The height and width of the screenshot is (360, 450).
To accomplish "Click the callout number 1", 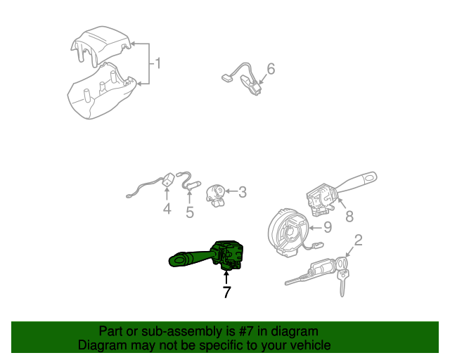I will pos(158,64).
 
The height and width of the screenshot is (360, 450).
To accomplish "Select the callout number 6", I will pos(271,69).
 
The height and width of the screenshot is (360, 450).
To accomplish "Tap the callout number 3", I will pos(242,191).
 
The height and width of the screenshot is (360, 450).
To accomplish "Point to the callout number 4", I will pos(167,209).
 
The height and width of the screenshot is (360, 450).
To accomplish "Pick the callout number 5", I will pos(190,212).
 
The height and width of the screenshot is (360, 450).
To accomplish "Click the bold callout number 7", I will pos(226,292).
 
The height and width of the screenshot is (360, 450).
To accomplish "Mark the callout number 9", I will pos(326,227).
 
